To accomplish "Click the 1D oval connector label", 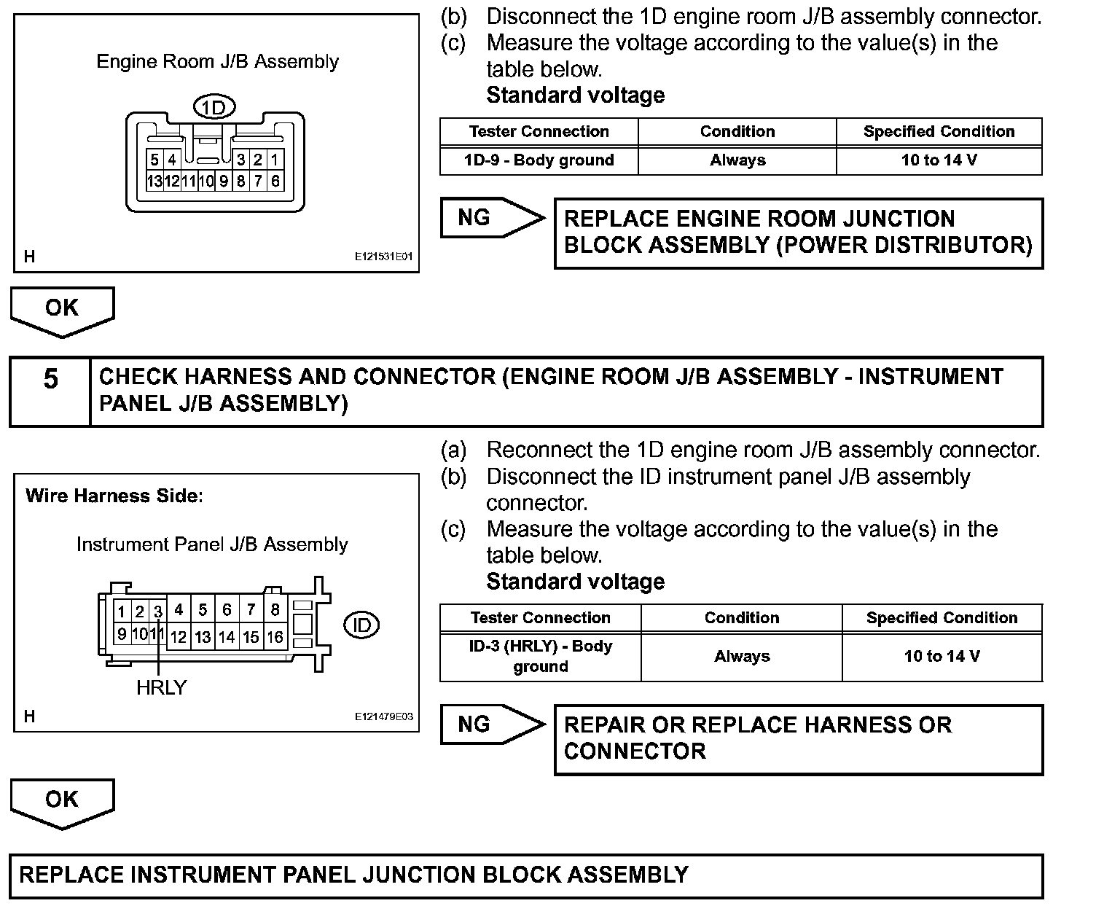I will [214, 109].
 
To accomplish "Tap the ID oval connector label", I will [361, 625].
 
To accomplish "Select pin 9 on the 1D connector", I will [224, 181].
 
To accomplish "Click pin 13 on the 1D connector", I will [154, 181].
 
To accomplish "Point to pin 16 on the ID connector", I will [275, 637].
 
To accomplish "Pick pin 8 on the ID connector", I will [275, 609].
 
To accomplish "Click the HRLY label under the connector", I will [161, 687].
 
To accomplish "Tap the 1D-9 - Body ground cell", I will [539, 160].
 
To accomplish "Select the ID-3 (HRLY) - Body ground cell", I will [541, 656].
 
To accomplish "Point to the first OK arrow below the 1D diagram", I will [62, 310].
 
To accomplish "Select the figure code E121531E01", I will [384, 257].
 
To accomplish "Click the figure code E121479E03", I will [384, 716].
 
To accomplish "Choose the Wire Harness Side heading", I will [114, 496].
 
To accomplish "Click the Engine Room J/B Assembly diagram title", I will [218, 61].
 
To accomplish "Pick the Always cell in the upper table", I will [737, 160].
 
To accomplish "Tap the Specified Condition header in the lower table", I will [942, 618].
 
